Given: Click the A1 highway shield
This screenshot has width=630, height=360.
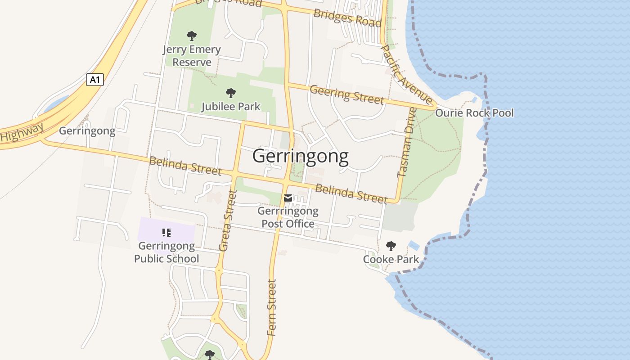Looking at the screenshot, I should click(94, 80).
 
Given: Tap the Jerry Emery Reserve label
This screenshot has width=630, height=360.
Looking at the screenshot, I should click(192, 56).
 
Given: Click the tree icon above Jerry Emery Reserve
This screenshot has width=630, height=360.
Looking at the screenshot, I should click(192, 36).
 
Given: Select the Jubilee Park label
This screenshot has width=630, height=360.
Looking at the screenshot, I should click(230, 107).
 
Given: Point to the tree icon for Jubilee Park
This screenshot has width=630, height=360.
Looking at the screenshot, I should click(230, 93).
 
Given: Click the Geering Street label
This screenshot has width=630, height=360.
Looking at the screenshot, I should click(346, 94).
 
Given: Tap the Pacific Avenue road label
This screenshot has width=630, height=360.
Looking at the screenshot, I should click(406, 75).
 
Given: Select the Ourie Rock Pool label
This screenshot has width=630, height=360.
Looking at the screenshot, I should click(474, 113).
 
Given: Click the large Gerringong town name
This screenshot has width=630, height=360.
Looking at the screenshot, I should click(300, 156).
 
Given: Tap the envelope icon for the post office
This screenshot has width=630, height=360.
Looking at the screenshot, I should click(288, 198).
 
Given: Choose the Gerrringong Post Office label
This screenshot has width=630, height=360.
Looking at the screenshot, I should click(288, 217).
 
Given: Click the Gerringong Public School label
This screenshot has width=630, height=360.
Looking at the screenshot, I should click(166, 252).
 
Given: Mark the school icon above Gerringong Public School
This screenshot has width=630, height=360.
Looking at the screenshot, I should click(166, 232).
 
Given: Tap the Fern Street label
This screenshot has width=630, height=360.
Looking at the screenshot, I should click(271, 307).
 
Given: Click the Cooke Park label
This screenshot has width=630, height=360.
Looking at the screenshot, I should click(391, 259).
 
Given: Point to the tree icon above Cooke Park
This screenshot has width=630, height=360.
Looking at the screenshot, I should click(391, 246).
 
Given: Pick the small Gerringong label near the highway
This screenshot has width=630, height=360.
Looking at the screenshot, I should click(87, 131).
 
